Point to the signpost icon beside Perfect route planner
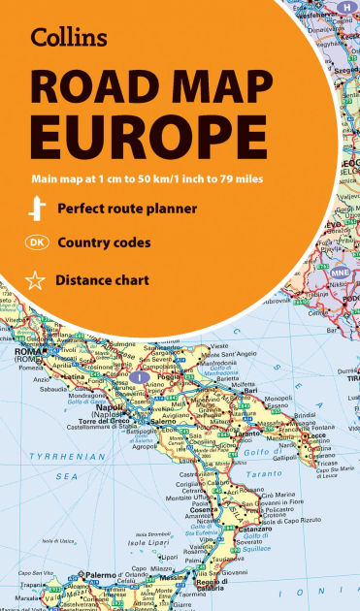click(35, 208)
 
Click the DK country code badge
click(35, 242)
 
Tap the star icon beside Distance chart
click(35, 281)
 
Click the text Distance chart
click(103, 281)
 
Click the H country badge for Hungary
click(344, 7)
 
